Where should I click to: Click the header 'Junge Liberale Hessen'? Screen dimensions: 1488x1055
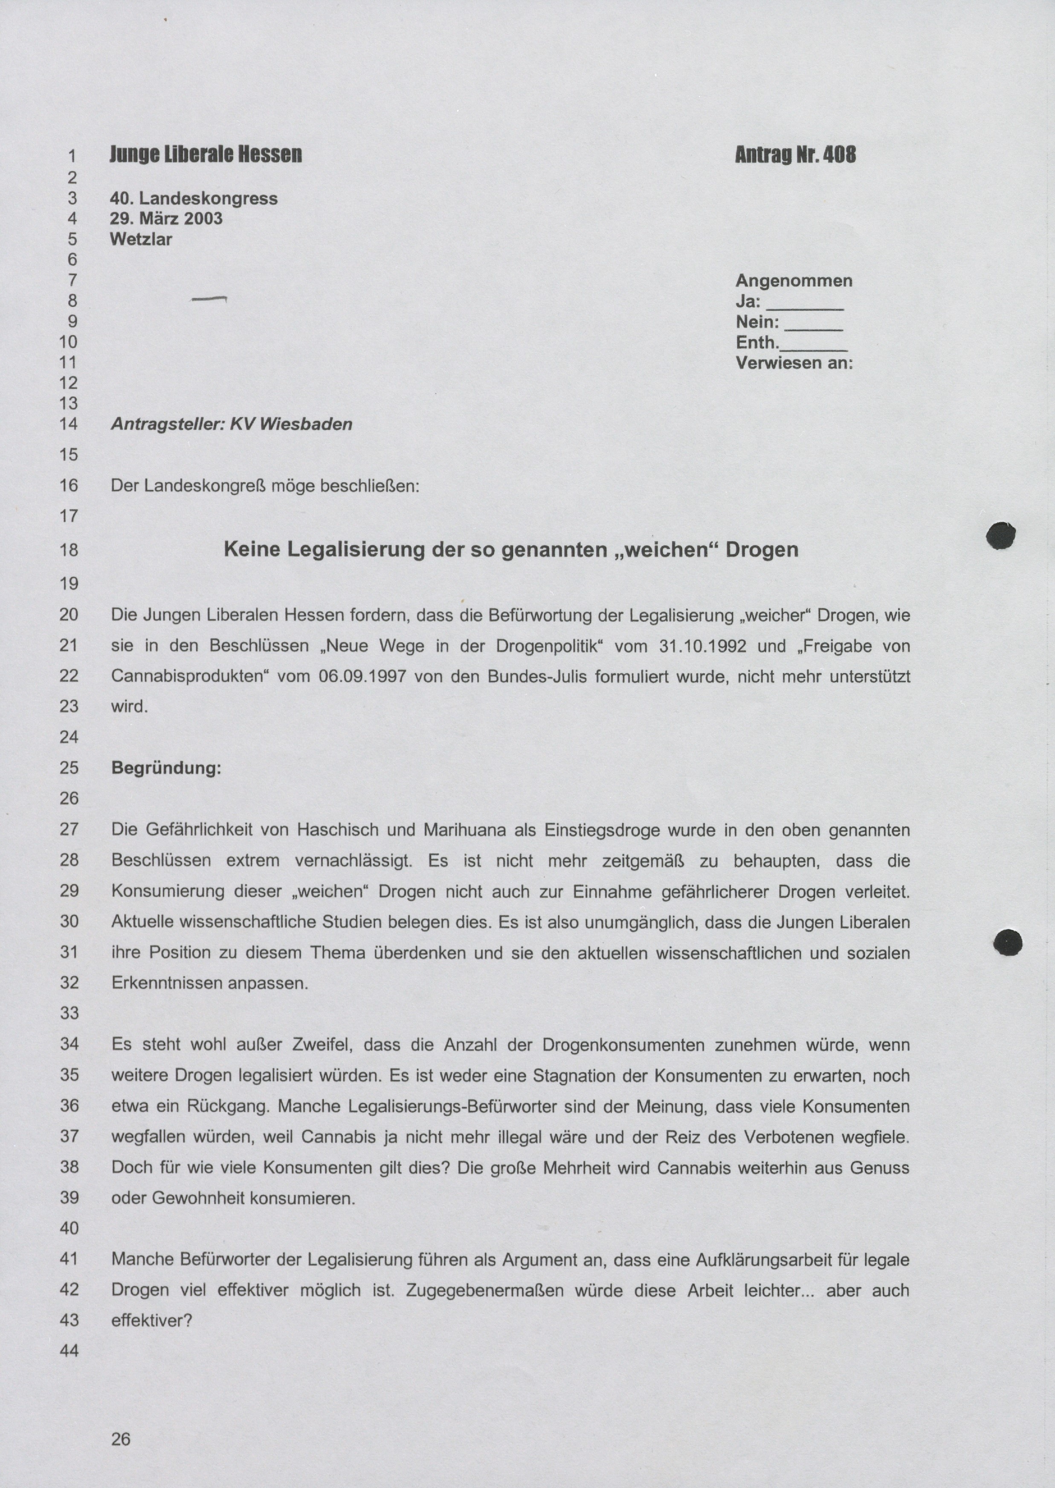pos(206,155)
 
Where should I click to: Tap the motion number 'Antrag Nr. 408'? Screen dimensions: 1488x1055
pos(795,155)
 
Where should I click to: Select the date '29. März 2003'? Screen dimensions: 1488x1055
pos(166,218)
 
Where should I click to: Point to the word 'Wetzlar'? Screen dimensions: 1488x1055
pos(141,239)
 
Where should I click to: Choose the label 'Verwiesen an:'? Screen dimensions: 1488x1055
pos(794,363)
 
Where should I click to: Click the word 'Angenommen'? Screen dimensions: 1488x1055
pos(794,281)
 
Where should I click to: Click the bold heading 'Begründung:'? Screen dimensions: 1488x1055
pos(166,768)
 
